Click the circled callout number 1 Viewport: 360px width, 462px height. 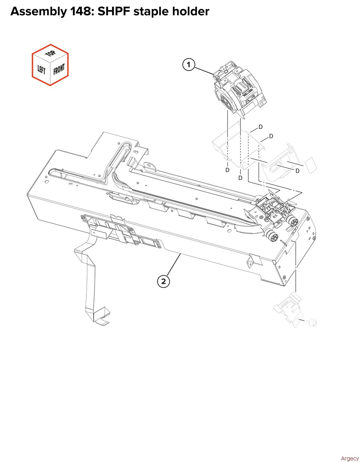189,64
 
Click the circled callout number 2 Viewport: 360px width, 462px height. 163,282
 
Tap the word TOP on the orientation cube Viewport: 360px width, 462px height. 51,54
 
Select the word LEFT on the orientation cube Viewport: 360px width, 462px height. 41,70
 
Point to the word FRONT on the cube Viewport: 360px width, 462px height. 59,69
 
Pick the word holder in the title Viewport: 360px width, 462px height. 191,11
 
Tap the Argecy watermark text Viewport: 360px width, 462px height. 350,457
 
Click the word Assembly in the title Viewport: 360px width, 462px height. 38,12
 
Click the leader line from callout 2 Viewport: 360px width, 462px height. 174,265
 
